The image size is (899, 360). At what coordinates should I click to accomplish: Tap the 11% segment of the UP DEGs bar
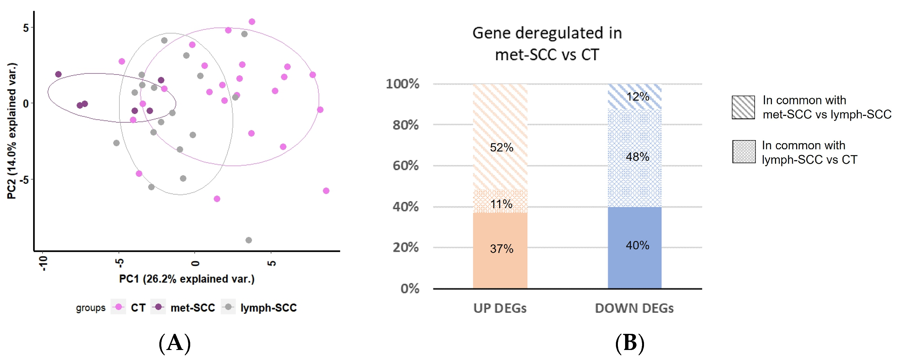tap(500, 202)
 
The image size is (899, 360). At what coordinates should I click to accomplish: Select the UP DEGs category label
tap(500, 308)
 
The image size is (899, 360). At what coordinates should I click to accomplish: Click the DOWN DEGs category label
tap(634, 308)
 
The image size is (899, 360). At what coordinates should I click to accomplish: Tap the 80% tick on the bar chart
tap(405, 125)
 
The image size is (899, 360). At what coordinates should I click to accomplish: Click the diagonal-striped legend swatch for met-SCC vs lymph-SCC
tap(743, 107)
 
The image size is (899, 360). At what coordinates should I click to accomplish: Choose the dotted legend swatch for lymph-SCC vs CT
tap(744, 152)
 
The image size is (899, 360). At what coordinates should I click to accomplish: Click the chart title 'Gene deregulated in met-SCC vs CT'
tap(547, 44)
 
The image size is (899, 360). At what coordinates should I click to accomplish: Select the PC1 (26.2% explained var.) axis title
tap(187, 279)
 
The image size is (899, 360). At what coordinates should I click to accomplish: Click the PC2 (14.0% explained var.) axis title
tap(12, 131)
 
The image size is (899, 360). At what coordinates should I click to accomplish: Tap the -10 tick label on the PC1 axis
tap(43, 263)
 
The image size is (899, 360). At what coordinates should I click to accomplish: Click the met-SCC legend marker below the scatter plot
tap(158, 307)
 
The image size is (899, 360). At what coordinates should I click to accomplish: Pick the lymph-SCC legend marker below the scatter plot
tap(229, 307)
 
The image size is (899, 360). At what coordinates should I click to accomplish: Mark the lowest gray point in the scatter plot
tap(249, 240)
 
